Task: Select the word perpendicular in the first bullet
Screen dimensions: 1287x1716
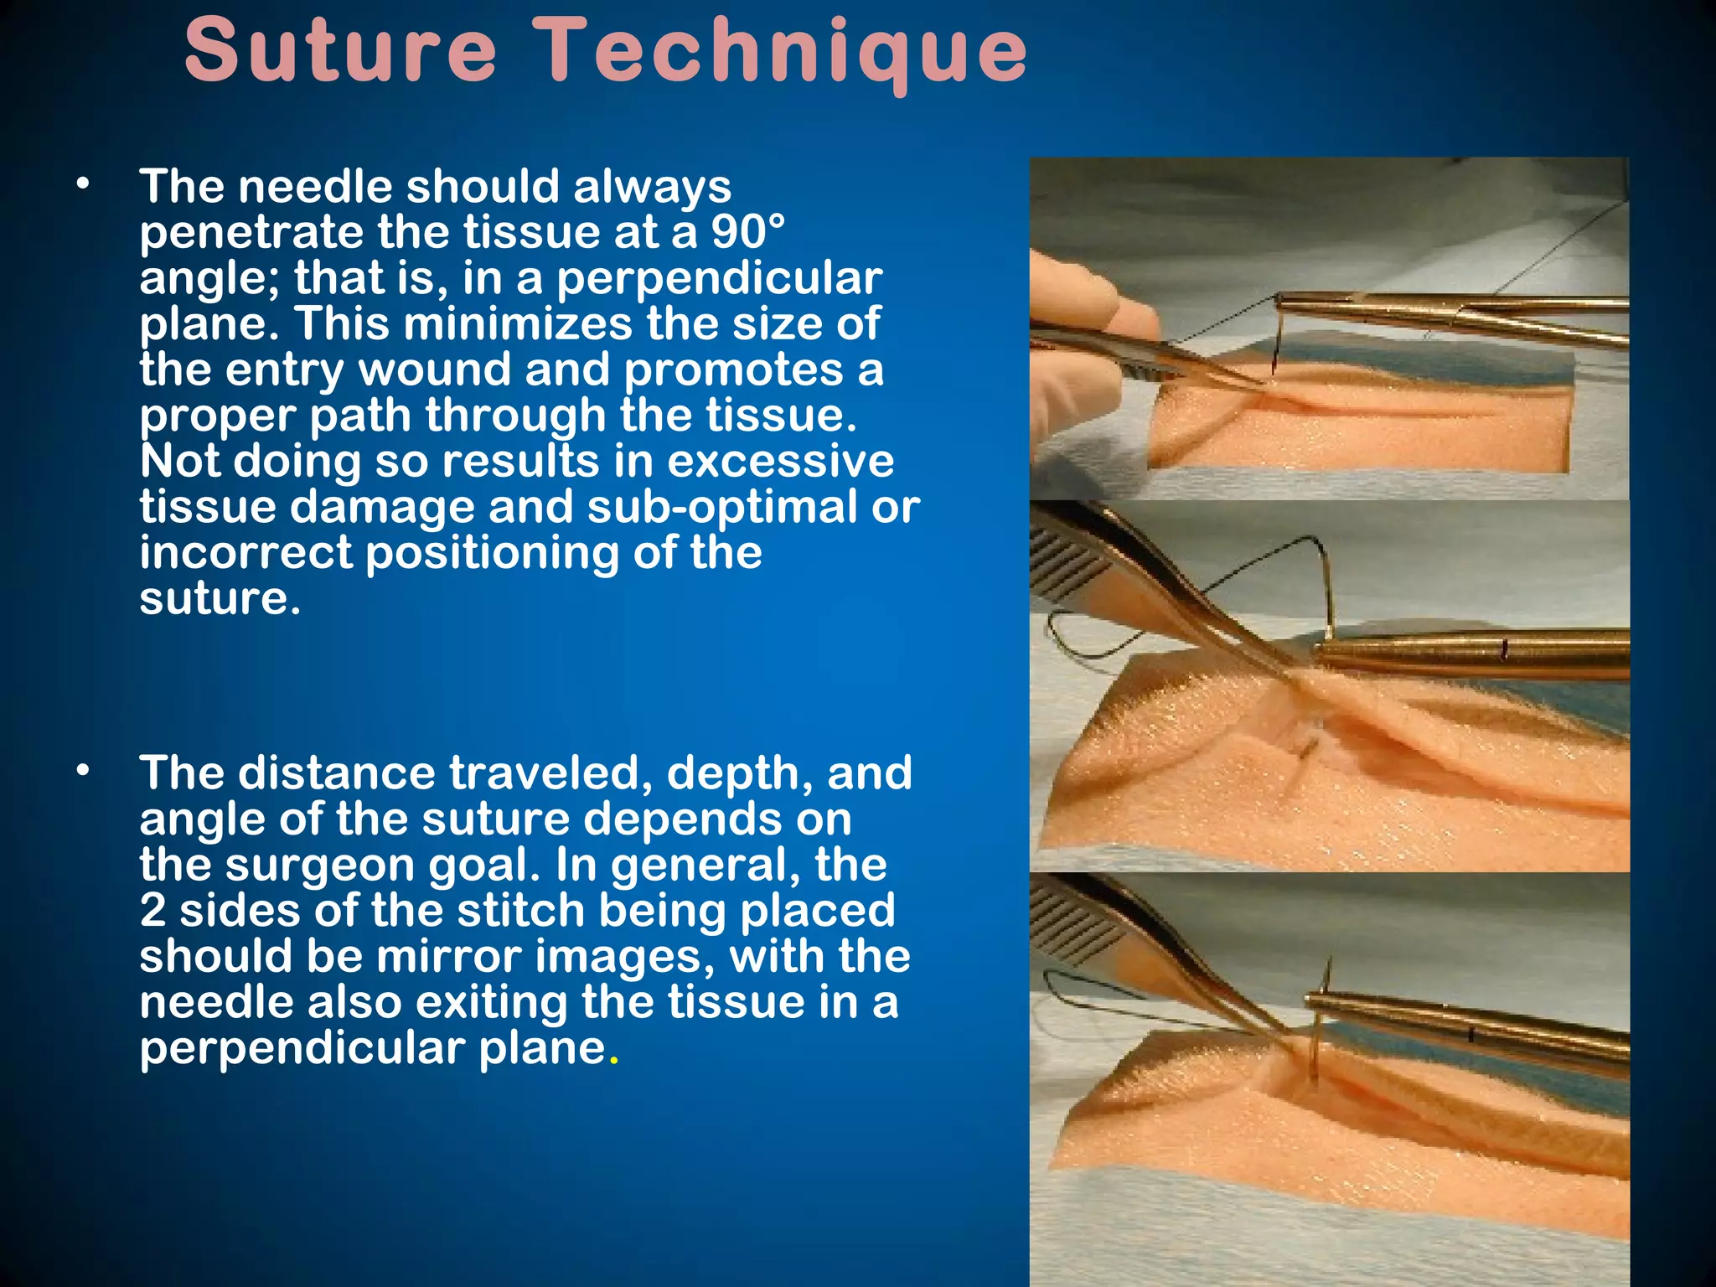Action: (719, 278)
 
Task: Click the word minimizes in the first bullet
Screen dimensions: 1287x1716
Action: (517, 324)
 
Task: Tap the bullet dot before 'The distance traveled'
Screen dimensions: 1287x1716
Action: (81, 772)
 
